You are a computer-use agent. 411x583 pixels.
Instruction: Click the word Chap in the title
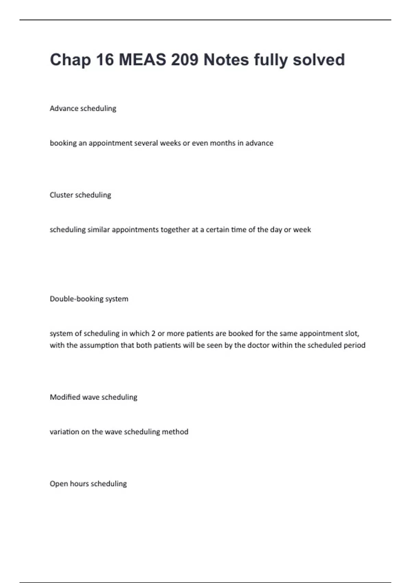tap(70, 60)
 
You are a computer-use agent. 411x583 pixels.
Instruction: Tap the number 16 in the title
tap(105, 60)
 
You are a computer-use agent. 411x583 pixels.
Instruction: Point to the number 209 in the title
tap(185, 60)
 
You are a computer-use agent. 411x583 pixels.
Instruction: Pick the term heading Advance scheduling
tap(83, 108)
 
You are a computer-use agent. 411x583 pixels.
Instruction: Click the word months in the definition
tap(223, 143)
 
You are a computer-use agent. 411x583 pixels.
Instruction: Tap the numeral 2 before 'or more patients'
tap(153, 333)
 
